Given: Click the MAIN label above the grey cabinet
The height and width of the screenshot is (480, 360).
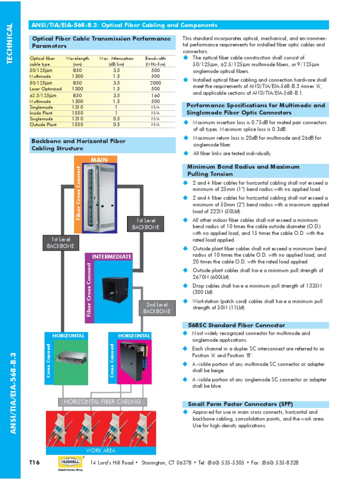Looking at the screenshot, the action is click(99, 160).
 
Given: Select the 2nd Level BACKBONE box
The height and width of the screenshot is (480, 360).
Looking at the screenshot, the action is click(157, 308).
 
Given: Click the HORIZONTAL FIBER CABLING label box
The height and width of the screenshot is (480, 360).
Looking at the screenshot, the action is click(102, 402).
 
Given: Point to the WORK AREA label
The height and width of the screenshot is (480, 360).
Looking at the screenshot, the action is click(100, 450).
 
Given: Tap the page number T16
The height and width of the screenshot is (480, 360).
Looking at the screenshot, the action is click(35, 463).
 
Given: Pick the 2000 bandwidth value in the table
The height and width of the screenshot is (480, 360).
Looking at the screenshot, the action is click(156, 82).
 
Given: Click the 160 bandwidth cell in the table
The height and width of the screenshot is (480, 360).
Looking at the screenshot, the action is click(156, 95).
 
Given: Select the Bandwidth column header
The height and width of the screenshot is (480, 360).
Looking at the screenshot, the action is click(156, 61).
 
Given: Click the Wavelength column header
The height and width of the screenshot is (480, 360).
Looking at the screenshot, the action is click(77, 61).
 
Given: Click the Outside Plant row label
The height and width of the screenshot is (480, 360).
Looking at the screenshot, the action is click(44, 125).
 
